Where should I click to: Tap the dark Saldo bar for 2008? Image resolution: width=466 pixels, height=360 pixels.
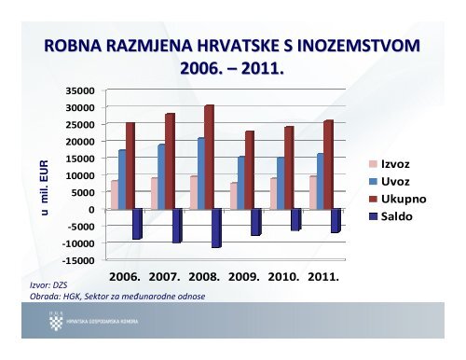tap(216, 228)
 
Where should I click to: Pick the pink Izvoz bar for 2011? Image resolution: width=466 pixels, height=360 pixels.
tap(313, 192)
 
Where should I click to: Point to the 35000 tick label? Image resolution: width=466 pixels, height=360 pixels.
tap(81, 90)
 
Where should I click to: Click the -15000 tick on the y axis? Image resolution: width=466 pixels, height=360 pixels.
tap(79, 260)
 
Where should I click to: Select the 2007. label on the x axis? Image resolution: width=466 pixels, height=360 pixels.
tap(170, 277)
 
